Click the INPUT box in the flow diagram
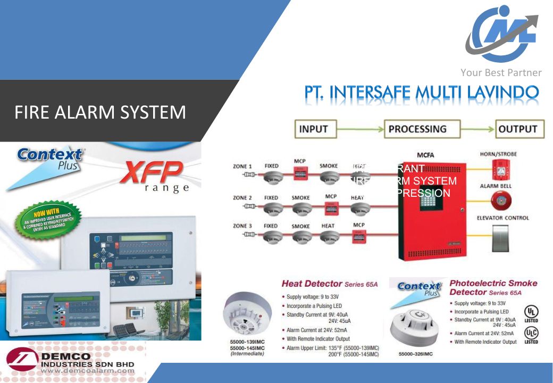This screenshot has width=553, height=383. [313, 129]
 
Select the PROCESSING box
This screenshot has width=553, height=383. [417, 129]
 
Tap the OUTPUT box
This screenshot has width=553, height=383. [517, 129]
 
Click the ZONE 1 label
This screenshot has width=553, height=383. [243, 166]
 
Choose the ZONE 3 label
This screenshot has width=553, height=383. [243, 226]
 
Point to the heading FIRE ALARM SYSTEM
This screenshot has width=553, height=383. [100, 112]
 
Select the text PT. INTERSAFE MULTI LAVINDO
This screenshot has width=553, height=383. [421, 94]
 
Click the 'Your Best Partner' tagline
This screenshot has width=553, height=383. [501, 73]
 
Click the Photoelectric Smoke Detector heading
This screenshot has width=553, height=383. [493, 287]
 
